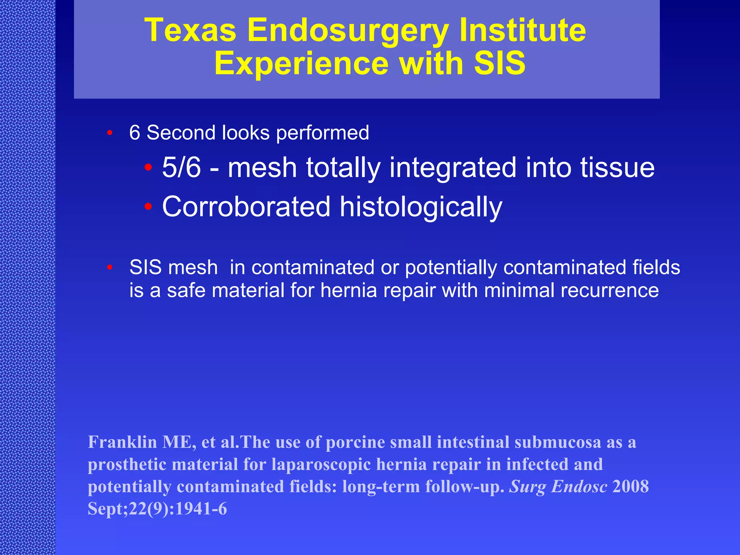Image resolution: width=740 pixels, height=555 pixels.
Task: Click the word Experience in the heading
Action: pyautogui.click(x=301, y=64)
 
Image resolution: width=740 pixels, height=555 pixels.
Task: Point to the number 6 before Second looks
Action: pyautogui.click(x=134, y=133)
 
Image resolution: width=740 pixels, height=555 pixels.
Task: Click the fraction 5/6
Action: pyautogui.click(x=181, y=168)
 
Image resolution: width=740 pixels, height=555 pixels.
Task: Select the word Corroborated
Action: pyautogui.click(x=246, y=207)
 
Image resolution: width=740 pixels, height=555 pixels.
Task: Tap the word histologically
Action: pyautogui.click(x=421, y=207)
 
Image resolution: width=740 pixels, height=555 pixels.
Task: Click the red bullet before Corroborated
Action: pyautogui.click(x=148, y=207)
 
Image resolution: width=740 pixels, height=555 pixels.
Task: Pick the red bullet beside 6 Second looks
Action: pyautogui.click(x=110, y=133)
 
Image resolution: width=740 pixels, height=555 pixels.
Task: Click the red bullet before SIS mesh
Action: pyautogui.click(x=110, y=267)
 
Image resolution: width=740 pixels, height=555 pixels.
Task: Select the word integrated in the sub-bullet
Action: pyautogui.click(x=453, y=168)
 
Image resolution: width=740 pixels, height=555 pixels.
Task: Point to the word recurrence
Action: pyautogui.click(x=609, y=291)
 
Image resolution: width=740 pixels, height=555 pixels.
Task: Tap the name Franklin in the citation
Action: pyautogui.click(x=122, y=442)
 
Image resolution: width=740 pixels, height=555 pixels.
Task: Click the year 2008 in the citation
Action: pyautogui.click(x=631, y=487)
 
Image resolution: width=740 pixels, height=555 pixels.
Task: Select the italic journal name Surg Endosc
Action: pyautogui.click(x=558, y=487)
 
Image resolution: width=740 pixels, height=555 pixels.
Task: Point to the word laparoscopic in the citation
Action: pyautogui.click(x=321, y=464)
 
